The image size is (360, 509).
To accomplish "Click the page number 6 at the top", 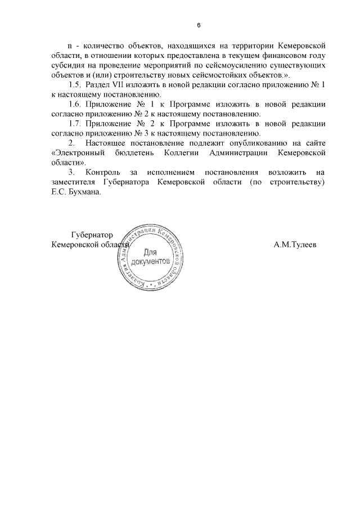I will (x=199, y=25).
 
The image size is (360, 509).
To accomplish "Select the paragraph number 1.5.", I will (x=76, y=84).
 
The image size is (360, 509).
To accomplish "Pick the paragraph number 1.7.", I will (x=76, y=124).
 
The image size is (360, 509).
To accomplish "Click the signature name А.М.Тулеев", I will (x=295, y=245).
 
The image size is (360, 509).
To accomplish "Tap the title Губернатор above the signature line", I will (x=93, y=235).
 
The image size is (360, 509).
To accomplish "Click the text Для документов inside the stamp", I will (x=150, y=258).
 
